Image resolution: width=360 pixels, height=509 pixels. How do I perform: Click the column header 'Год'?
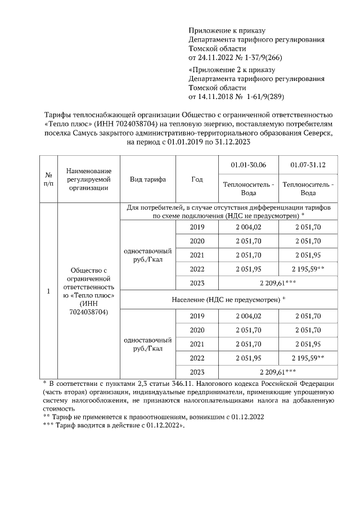(x=196, y=179)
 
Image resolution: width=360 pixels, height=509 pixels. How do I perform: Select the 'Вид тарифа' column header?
(x=147, y=179)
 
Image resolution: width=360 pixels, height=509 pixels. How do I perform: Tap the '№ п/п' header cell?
(x=48, y=179)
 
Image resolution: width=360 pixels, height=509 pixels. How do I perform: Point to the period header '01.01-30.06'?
(x=248, y=164)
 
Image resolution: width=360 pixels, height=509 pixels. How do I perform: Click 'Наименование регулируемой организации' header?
(x=88, y=179)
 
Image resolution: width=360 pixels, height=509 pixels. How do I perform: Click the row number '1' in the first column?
(x=48, y=291)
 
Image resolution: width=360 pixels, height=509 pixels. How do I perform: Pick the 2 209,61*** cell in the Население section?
(x=278, y=371)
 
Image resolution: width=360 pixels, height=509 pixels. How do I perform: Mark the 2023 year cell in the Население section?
(x=196, y=371)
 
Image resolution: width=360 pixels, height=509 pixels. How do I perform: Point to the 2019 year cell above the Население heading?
(x=196, y=227)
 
